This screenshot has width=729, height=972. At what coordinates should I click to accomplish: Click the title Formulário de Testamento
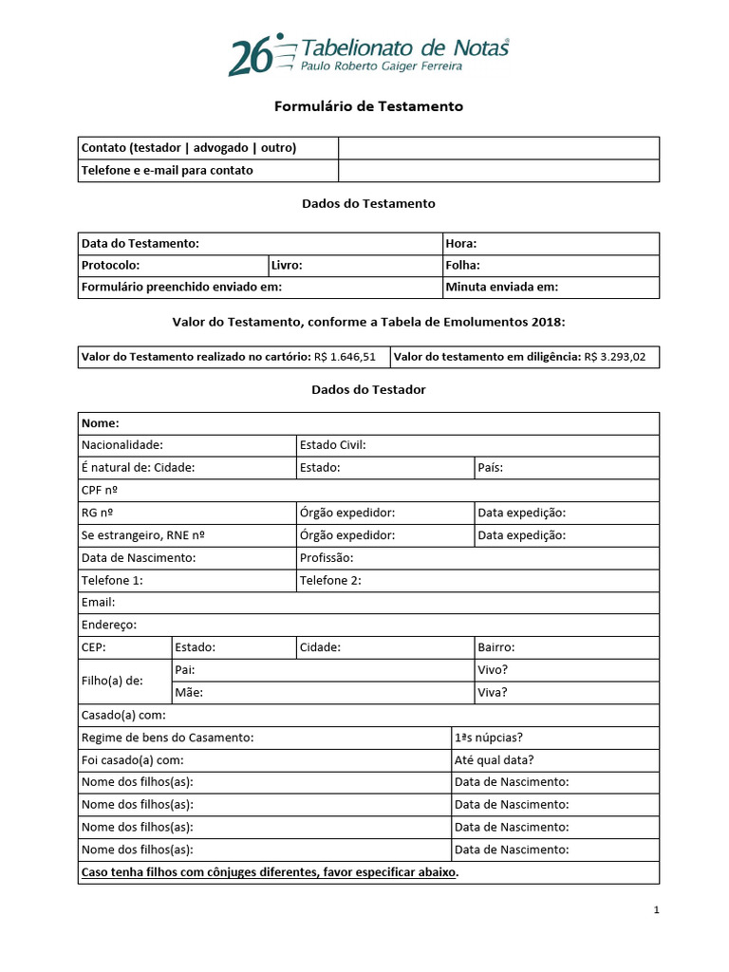click(368, 106)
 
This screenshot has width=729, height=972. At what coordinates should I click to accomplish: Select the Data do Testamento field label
click(140, 244)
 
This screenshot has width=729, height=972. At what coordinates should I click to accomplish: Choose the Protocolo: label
click(111, 266)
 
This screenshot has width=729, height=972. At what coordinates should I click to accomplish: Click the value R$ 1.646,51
click(345, 357)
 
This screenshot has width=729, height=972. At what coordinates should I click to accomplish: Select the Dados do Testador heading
click(368, 390)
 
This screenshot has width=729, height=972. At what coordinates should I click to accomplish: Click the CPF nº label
click(101, 491)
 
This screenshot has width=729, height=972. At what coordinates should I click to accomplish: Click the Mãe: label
click(189, 693)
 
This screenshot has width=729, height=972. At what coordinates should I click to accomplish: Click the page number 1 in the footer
click(656, 910)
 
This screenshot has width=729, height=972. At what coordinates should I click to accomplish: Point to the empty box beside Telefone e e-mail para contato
click(498, 171)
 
